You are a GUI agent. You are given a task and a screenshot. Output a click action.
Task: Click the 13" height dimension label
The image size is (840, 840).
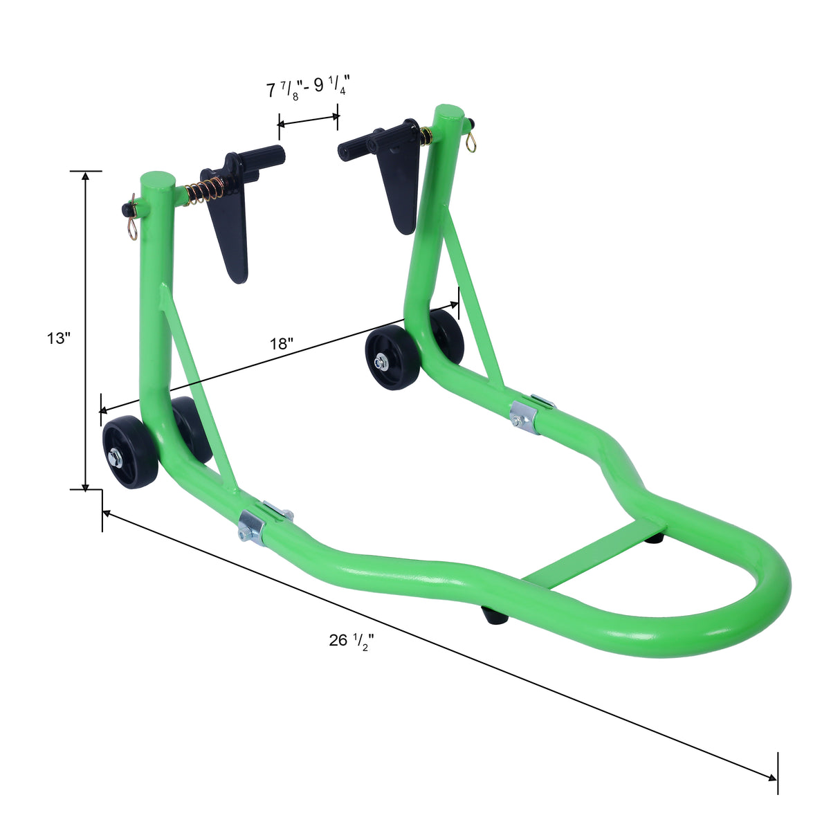pos(59,338)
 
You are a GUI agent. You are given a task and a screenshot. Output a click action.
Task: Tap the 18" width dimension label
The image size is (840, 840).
pos(282,344)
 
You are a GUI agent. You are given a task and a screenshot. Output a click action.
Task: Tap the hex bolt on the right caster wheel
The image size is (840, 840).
pos(380,361)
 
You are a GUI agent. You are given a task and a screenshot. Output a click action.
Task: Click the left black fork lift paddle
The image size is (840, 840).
pos(231,228)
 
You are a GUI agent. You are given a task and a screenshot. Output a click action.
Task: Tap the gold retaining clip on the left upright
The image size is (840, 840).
pos(131,225)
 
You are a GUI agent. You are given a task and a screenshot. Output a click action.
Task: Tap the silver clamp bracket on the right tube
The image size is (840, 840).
pos(525,419)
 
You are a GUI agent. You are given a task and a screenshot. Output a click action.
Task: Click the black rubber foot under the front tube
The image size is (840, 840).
pos(494,615)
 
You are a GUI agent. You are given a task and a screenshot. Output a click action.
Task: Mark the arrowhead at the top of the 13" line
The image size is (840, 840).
pos(86,176)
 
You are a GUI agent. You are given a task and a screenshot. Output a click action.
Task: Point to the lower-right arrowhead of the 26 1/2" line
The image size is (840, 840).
pos(771,777)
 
